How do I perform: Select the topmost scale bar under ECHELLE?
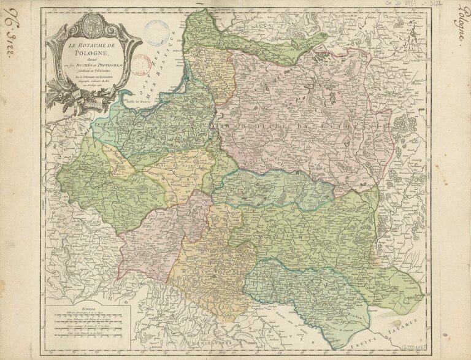(90, 317)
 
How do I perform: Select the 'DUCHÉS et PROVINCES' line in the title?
(92, 65)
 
